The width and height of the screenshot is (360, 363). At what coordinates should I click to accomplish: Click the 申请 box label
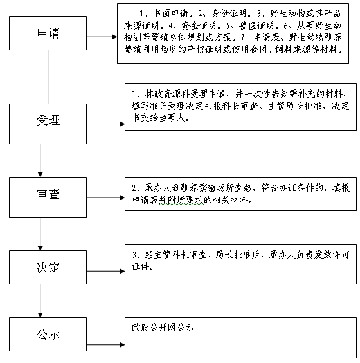tap(49, 33)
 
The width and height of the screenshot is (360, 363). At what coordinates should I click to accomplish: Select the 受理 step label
tap(48, 120)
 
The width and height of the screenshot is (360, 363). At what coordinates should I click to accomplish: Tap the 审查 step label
tap(48, 194)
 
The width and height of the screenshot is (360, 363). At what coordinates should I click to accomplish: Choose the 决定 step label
tap(48, 268)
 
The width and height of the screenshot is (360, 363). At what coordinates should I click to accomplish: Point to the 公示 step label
tap(48, 335)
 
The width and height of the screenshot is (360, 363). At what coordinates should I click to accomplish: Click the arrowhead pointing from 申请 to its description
tap(114, 37)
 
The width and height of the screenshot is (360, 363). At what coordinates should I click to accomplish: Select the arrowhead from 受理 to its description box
tap(122, 124)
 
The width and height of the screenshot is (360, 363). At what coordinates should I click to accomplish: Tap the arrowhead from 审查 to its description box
tap(122, 198)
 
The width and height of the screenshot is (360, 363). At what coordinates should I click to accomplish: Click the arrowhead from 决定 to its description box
tap(122, 271)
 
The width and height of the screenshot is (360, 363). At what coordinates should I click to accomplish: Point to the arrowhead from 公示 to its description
tap(122, 345)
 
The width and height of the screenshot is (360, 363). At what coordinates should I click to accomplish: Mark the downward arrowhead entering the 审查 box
tap(40, 175)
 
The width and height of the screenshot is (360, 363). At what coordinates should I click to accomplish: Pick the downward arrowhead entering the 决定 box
tap(40, 248)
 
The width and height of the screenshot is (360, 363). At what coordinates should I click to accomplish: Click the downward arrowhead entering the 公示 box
tap(40, 315)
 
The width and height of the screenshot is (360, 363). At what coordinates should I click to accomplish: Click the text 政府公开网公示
tap(163, 328)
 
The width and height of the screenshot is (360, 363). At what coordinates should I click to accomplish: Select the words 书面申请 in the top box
tap(170, 14)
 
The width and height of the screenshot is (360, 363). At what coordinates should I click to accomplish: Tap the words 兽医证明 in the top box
tap(256, 26)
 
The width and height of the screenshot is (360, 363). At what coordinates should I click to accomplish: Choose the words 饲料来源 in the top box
tap(292, 50)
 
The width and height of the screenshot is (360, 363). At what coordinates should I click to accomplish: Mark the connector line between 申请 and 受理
tap(48, 77)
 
